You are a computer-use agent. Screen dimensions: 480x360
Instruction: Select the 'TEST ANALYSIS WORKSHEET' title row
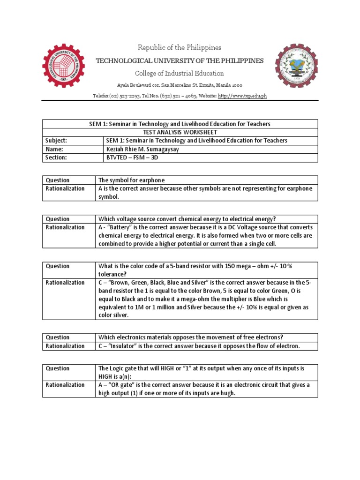[x=180, y=132]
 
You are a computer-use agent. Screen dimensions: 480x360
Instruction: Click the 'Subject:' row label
[x=56, y=141]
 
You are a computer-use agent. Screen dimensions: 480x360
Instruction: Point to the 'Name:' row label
[x=53, y=149]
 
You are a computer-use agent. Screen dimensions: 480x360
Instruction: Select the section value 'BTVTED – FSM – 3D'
[x=133, y=158]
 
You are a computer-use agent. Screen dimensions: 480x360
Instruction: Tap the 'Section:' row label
[x=56, y=158]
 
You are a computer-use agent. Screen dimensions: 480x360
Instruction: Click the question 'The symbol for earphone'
[x=131, y=180]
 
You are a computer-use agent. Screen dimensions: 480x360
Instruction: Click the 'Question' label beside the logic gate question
[x=57, y=368]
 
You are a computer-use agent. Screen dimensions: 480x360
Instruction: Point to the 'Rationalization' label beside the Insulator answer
[x=65, y=346]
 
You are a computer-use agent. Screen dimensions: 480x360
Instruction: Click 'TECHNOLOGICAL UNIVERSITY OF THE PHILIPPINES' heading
[x=180, y=61]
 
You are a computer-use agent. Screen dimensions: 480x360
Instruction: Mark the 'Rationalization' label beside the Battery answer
[x=65, y=227]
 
